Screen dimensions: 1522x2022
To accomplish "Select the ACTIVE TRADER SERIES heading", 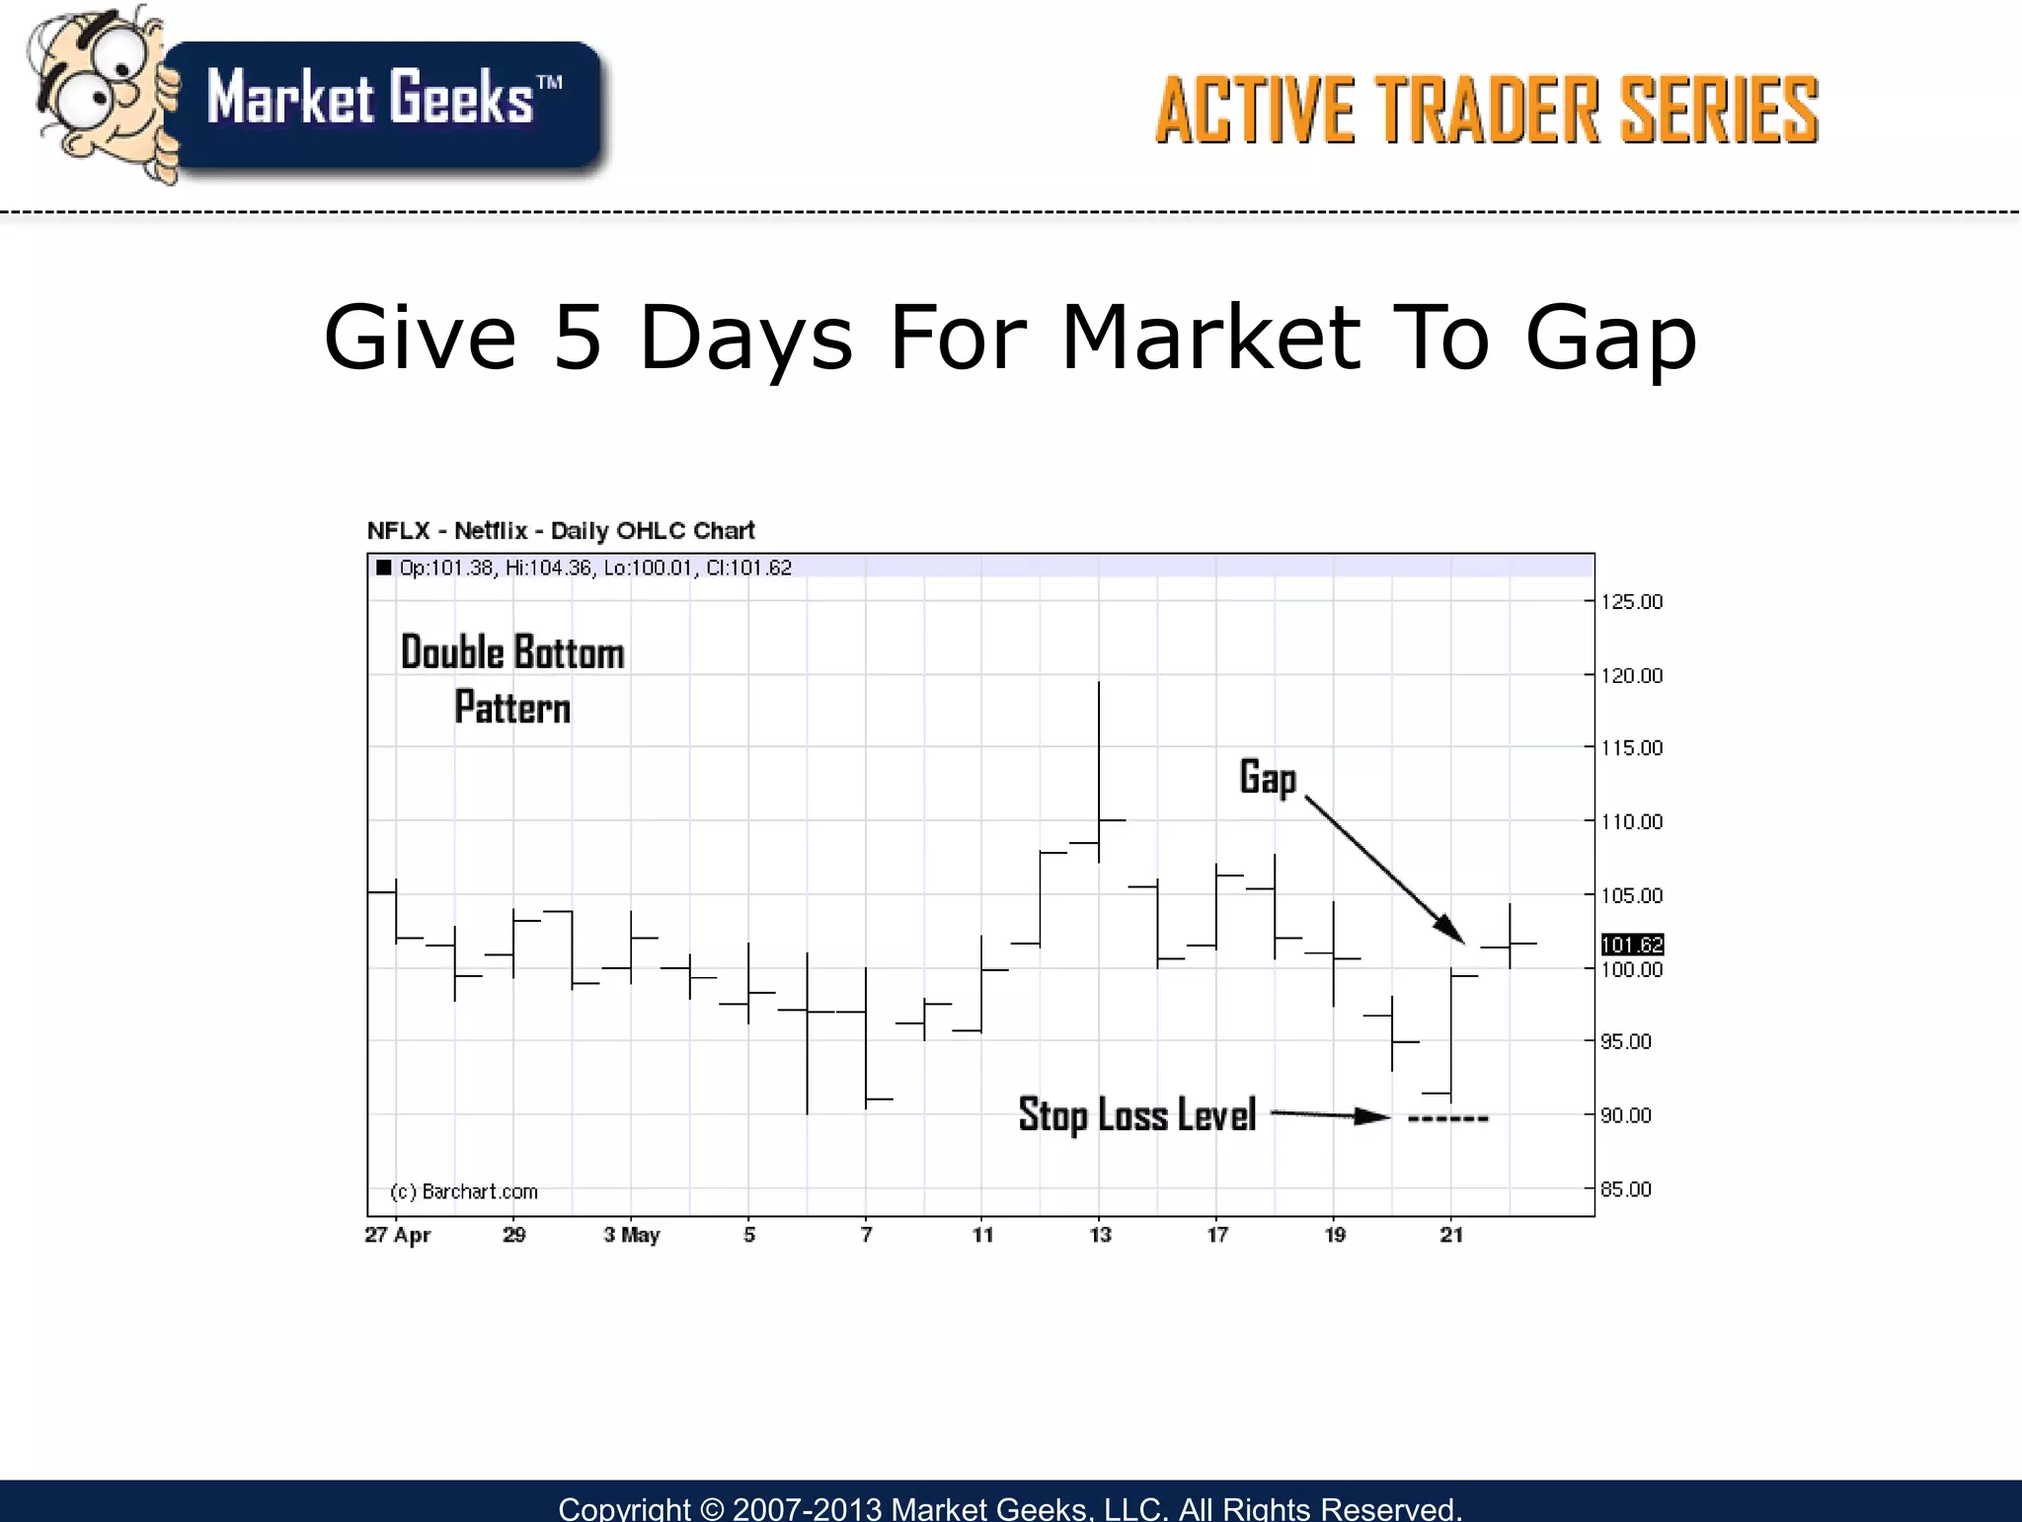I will click(1486, 111).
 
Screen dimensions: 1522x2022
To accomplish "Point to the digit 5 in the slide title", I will click(578, 338).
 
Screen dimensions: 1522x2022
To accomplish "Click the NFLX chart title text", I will click(561, 531).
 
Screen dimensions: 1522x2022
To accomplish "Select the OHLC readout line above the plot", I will click(594, 568).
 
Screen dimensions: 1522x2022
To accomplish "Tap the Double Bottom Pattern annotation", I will click(512, 680).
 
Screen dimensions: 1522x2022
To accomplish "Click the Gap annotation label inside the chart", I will click(1268, 778).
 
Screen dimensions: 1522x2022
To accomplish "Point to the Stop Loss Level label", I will click(1136, 1115).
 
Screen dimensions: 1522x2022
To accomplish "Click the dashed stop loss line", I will click(1447, 1119).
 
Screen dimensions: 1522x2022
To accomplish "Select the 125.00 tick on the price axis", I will click(1631, 602).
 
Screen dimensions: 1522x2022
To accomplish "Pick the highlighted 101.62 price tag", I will click(1632, 945).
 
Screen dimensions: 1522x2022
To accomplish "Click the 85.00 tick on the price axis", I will click(1625, 1189).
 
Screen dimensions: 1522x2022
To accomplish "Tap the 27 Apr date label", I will click(398, 1235).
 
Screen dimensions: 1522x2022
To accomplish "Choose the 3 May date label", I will click(632, 1235).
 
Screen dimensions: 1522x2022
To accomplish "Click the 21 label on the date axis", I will click(1451, 1235).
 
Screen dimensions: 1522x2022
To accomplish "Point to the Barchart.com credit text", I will click(464, 1191).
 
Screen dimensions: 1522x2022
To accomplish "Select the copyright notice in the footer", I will click(1010, 1507).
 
